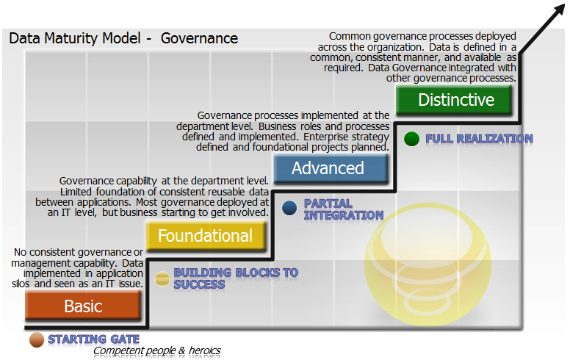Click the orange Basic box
click(x=83, y=306)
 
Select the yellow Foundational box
click(x=206, y=236)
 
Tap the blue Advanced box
click(x=331, y=168)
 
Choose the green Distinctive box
click(x=454, y=100)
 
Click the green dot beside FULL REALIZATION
click(x=411, y=139)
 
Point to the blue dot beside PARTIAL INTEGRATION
click(x=289, y=208)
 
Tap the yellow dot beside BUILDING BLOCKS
click(x=162, y=279)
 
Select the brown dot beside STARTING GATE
click(x=36, y=340)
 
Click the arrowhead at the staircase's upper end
click(x=559, y=11)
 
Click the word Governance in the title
click(x=199, y=38)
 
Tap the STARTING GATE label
click(x=94, y=339)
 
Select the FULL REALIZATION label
click(x=479, y=139)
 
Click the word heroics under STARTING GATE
click(x=204, y=350)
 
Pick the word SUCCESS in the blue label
click(x=199, y=284)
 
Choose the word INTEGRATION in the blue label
click(x=344, y=215)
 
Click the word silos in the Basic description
click(x=21, y=284)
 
